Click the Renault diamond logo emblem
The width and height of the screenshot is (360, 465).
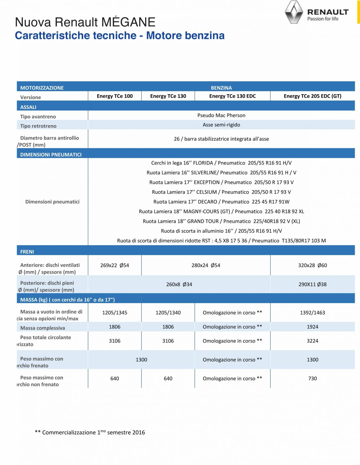click(x=294, y=12)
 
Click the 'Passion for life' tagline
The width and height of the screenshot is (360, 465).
click(x=323, y=19)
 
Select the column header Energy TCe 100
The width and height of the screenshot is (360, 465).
click(x=115, y=96)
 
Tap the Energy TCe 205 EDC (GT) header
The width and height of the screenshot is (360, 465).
click(x=312, y=96)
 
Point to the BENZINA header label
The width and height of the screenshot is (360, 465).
click(x=221, y=88)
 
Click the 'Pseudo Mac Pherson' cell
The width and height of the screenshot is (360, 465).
click(x=221, y=115)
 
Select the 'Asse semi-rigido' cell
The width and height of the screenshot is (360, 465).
click(x=221, y=125)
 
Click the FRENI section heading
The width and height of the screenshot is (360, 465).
click(x=27, y=252)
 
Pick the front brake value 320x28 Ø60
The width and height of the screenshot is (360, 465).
click(x=312, y=265)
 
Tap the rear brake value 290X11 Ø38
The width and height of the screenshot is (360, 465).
click(x=312, y=284)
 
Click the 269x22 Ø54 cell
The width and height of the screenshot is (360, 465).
click(x=115, y=265)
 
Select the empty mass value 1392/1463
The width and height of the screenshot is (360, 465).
click(x=312, y=312)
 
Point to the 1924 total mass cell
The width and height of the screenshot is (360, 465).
click(x=312, y=327)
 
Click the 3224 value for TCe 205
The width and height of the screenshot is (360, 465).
click(x=312, y=341)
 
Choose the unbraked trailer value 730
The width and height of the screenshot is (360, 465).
click(x=312, y=379)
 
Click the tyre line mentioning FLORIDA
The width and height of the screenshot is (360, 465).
click(x=221, y=163)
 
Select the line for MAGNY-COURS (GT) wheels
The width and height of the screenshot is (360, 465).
click(x=221, y=211)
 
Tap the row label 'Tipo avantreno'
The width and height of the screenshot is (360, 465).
click(x=38, y=117)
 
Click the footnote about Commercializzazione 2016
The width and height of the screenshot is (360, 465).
click(x=90, y=432)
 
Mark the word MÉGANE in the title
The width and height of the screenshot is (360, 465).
click(x=128, y=22)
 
